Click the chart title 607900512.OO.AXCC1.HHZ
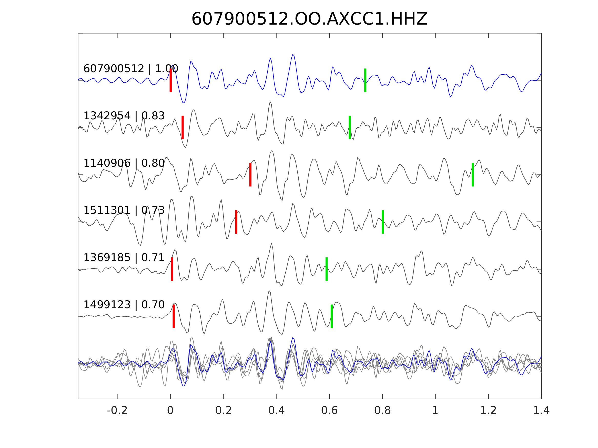click(309, 19)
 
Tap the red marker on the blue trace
click(171, 80)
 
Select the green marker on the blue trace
click(365, 80)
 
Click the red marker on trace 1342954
click(183, 127)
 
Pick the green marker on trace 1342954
click(350, 127)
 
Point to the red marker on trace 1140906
click(250, 175)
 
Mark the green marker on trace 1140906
click(473, 175)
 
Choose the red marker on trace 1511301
click(236, 222)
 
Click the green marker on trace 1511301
click(383, 222)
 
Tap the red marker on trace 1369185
click(172, 269)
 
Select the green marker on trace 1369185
click(327, 269)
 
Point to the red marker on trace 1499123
click(174, 316)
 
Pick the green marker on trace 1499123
click(332, 316)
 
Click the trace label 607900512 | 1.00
click(131, 69)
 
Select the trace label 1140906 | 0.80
click(124, 163)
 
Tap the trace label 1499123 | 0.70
click(124, 305)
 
